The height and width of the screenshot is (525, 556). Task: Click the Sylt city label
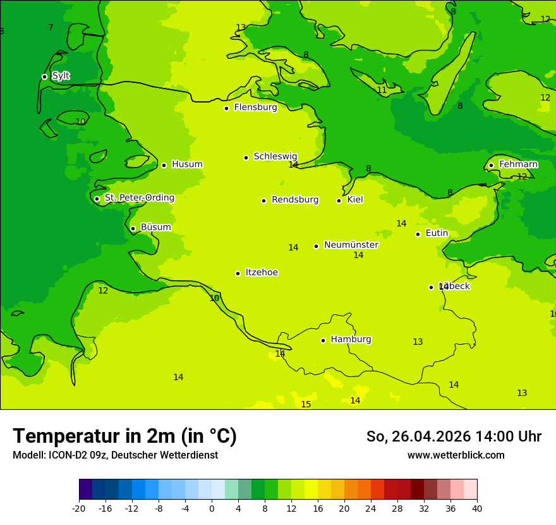tap(61, 76)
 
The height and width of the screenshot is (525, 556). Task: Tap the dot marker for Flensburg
tap(226, 108)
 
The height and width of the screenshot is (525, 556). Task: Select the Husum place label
tap(187, 164)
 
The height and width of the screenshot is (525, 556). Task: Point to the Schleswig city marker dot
tap(246, 157)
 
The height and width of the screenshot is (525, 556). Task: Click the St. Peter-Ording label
tap(139, 198)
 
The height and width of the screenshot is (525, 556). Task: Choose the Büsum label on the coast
tap(155, 227)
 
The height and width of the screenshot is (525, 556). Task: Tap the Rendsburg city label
tap(295, 200)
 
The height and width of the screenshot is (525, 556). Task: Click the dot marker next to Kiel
tap(339, 201)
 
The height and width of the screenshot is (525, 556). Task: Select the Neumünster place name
tap(351, 245)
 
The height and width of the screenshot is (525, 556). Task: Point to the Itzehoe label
tap(262, 273)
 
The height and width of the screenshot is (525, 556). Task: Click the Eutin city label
tap(437, 233)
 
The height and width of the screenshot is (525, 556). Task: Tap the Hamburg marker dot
tap(323, 340)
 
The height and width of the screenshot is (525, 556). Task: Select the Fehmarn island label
tap(518, 164)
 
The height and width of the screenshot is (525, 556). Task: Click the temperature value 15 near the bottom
tap(306, 405)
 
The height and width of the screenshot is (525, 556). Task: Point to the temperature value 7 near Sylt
tap(51, 27)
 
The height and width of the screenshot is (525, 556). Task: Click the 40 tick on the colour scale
tap(477, 508)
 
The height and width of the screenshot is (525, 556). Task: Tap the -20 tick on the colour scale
tap(79, 508)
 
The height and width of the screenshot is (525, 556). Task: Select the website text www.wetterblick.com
tap(456, 455)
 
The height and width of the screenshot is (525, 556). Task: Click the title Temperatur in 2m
tap(124, 436)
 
